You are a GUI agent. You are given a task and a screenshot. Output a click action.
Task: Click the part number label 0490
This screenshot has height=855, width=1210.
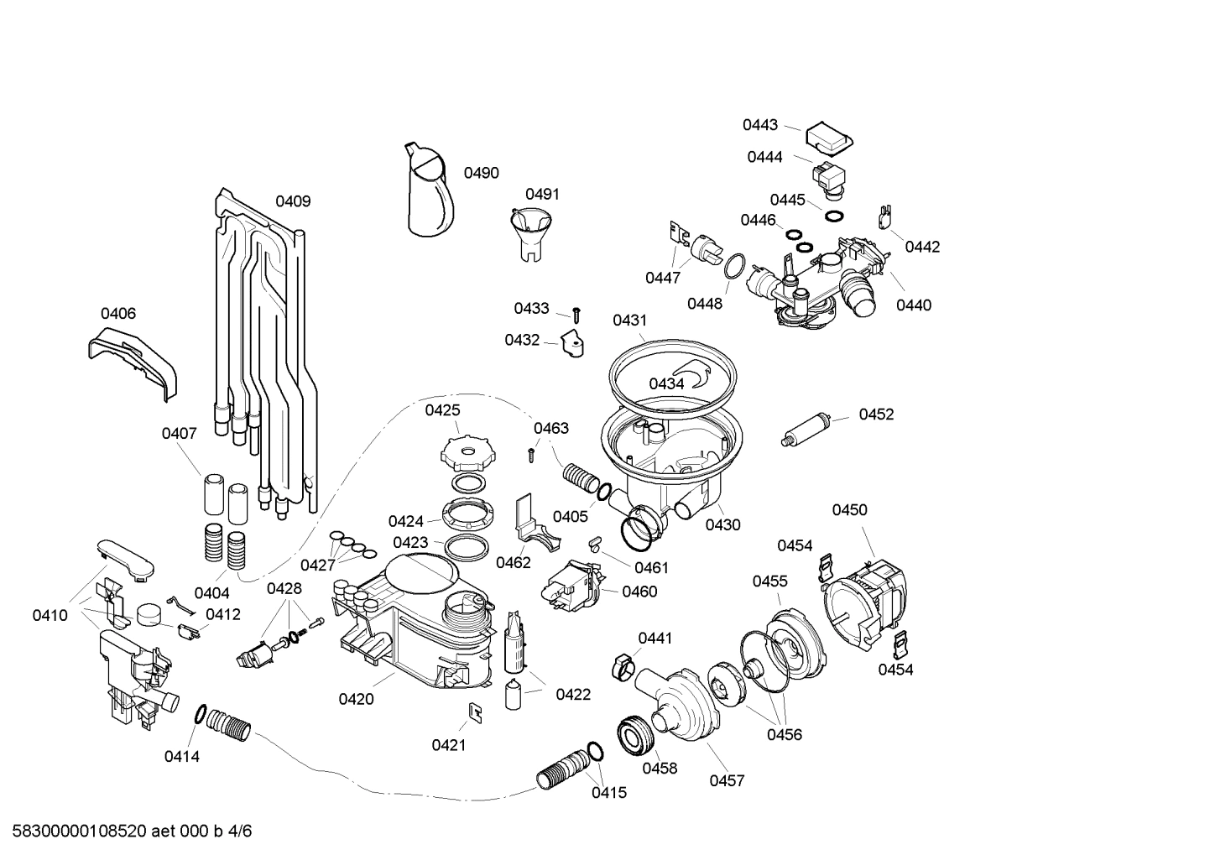pos(481,173)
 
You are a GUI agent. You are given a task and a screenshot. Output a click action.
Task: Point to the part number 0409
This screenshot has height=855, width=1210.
pos(293,201)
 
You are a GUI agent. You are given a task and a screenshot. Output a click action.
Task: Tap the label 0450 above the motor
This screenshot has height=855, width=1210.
pos(849,510)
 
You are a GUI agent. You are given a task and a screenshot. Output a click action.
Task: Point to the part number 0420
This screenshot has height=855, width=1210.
pos(356,699)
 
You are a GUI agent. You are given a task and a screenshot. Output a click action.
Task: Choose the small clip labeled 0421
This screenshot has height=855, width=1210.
pos(475,712)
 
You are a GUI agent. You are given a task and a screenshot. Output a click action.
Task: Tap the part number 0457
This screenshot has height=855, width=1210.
pos(727,780)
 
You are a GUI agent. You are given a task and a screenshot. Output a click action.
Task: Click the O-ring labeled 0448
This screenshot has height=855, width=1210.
pos(734,267)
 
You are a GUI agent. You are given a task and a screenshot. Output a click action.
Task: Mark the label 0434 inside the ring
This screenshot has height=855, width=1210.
pos(666,383)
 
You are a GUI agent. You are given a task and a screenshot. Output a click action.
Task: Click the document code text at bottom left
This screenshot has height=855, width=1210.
pos(127,832)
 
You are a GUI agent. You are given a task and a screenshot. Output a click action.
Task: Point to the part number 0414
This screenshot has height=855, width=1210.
pos(181,756)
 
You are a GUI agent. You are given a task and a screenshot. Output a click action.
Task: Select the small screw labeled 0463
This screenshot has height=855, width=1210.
pos(531,455)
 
